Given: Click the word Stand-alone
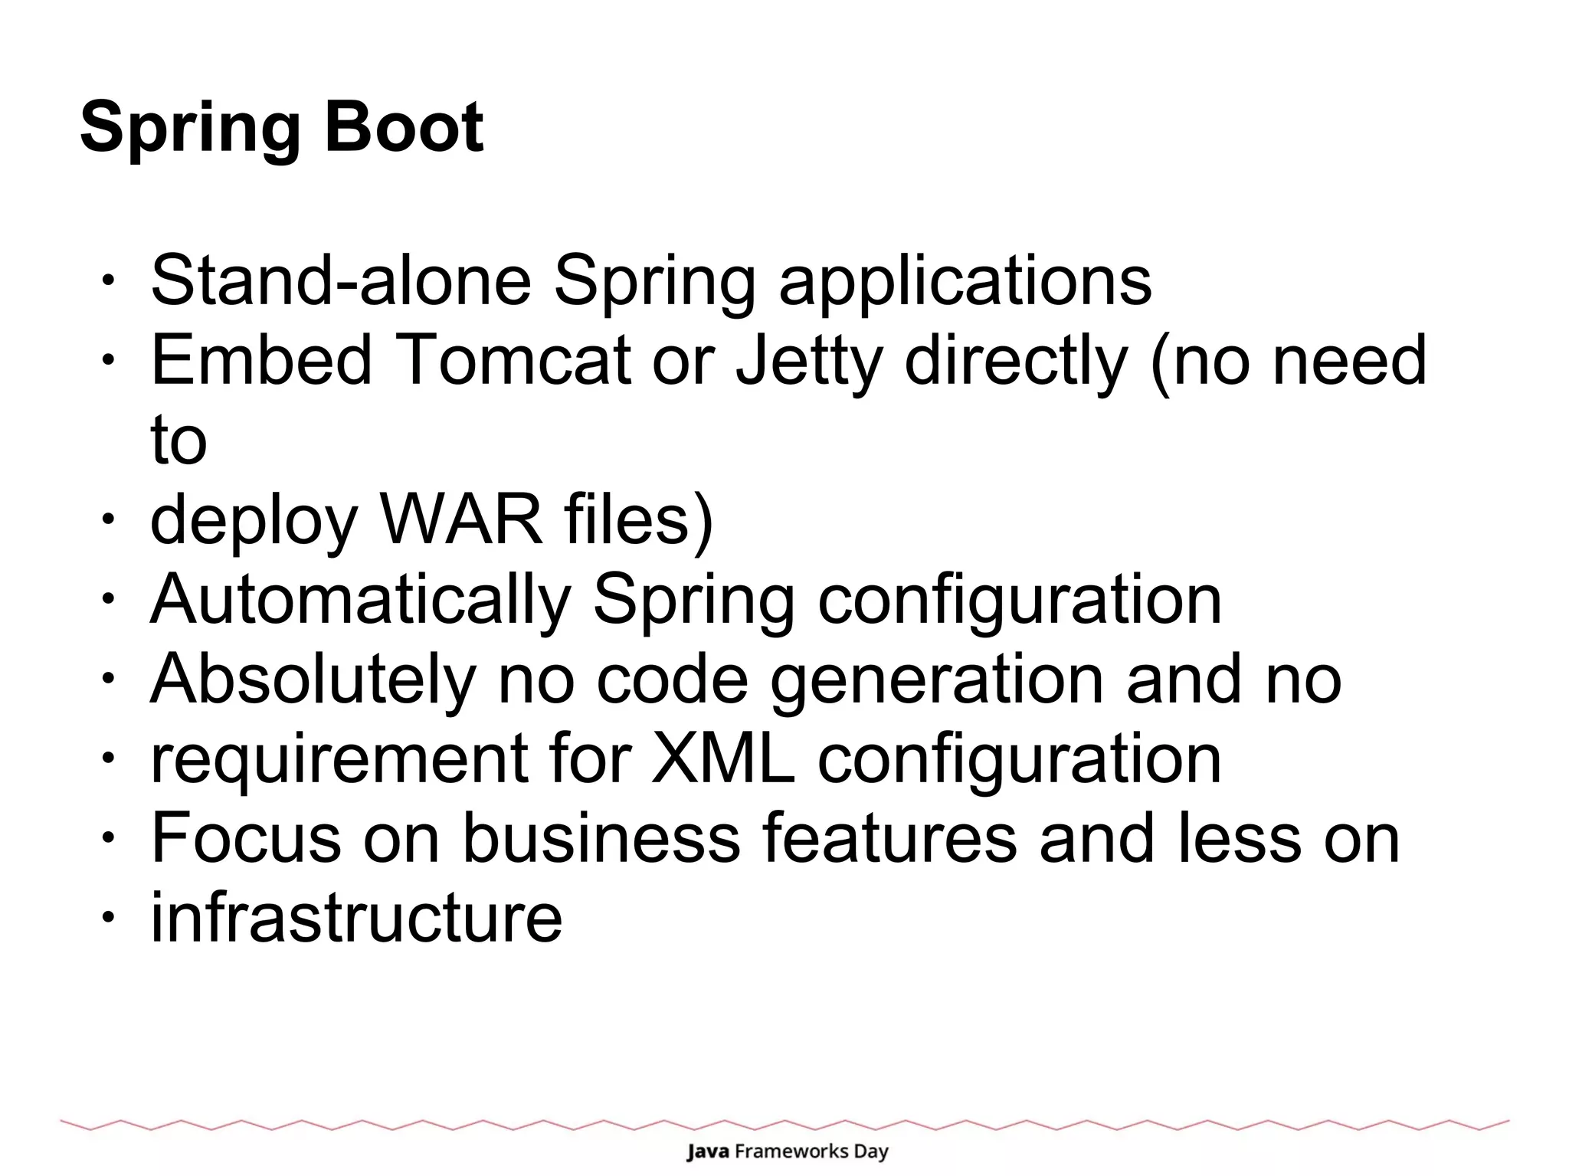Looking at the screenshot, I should pos(341,280).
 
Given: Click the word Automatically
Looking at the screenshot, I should pos(361,601).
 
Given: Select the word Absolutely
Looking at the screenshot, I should pos(313,680).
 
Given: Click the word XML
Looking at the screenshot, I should pos(723,759).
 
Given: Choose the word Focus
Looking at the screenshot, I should pos(246,839).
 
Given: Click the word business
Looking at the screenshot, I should pos(601,839).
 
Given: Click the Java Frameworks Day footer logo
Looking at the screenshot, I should pos(787,1151).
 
